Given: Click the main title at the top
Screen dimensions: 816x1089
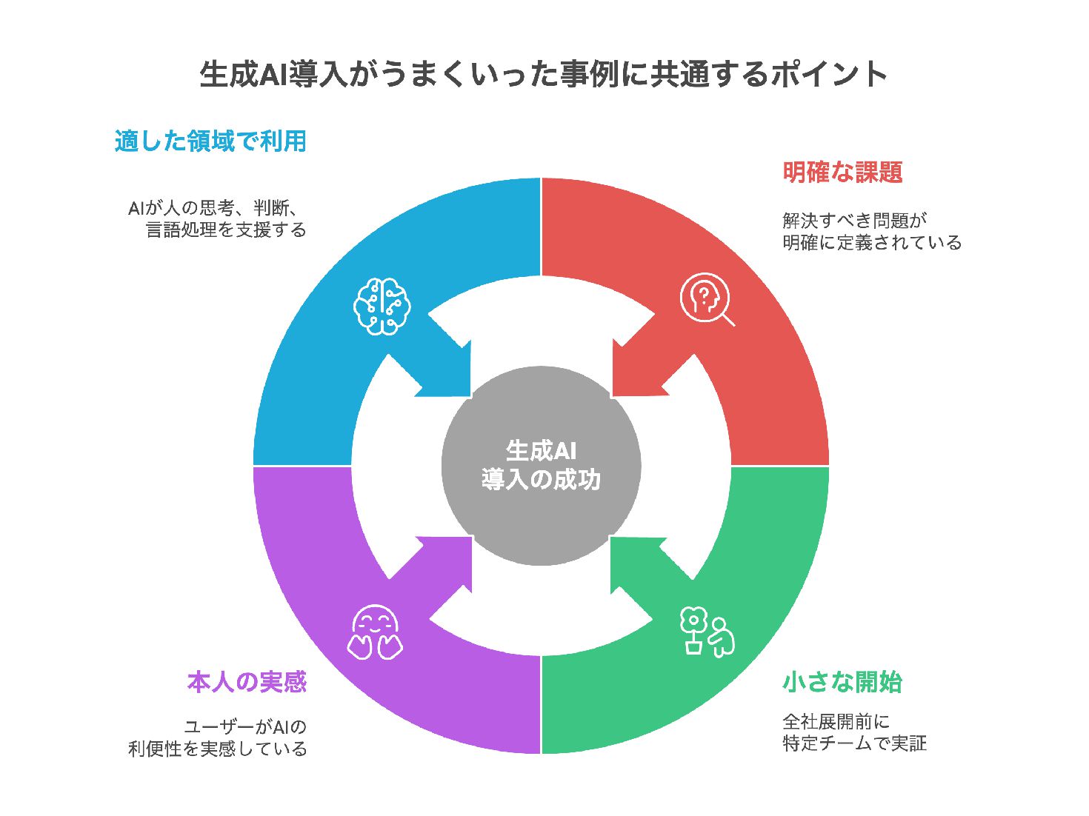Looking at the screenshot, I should click(544, 74).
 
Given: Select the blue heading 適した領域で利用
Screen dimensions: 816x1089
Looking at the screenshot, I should click(210, 141).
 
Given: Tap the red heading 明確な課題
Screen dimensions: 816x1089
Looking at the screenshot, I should click(842, 173).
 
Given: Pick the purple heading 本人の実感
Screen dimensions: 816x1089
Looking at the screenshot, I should click(247, 682).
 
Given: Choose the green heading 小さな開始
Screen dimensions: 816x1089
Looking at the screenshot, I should click(842, 682).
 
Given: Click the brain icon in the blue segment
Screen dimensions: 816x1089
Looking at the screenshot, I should click(382, 305).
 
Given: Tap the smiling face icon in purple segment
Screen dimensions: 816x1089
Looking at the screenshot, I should click(375, 633).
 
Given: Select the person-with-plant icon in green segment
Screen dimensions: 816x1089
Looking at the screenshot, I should click(707, 632).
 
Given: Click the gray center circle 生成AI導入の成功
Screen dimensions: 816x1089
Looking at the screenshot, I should click(542, 466).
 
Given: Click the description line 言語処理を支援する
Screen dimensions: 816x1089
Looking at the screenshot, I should click(226, 230).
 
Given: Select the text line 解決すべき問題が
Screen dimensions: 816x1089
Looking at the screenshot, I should click(854, 220).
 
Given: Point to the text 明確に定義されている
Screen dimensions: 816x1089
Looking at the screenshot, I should click(872, 242).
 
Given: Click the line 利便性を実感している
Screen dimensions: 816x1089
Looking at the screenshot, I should click(217, 749).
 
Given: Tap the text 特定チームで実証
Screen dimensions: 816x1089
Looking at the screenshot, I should click(854, 743).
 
